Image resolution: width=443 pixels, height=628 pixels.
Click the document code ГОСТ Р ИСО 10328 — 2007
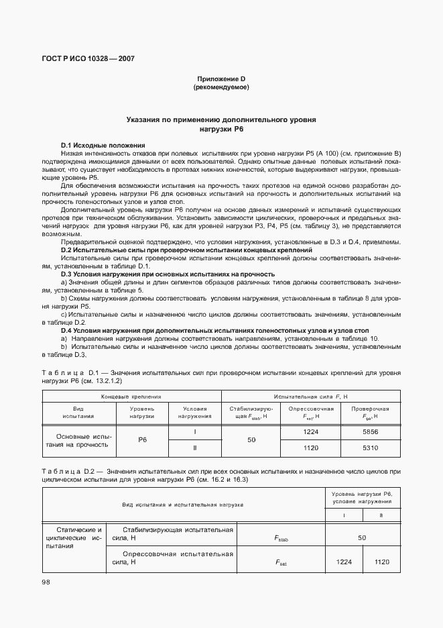(x=88, y=58)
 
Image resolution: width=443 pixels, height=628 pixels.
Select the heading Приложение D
(x=221, y=79)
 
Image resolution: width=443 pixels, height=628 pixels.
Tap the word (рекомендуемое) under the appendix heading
(x=221, y=87)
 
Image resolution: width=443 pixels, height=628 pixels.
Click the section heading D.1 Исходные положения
(x=103, y=145)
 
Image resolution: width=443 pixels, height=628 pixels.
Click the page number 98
(x=46, y=582)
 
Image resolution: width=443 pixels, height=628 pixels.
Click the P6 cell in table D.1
(x=142, y=440)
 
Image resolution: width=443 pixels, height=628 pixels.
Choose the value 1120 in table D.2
(x=381, y=562)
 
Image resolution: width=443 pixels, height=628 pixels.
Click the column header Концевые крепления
(x=131, y=397)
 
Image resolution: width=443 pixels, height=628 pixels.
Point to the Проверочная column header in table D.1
(x=371, y=412)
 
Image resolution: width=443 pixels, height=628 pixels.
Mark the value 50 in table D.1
(x=251, y=440)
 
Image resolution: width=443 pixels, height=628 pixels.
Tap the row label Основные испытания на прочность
(x=79, y=440)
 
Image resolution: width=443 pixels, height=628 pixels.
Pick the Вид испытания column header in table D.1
(x=79, y=412)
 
